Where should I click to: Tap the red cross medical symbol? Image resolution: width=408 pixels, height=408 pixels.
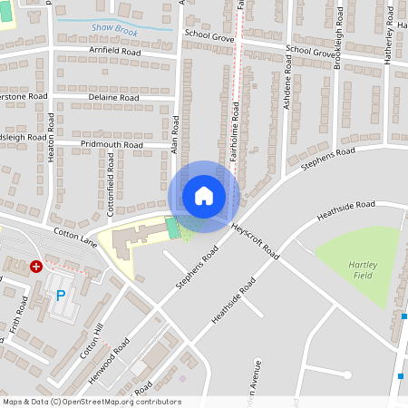36,267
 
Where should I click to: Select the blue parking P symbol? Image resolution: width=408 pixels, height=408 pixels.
61,295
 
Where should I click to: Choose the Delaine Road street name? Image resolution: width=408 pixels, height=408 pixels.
113,97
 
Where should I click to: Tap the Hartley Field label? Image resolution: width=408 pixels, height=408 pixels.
362,268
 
